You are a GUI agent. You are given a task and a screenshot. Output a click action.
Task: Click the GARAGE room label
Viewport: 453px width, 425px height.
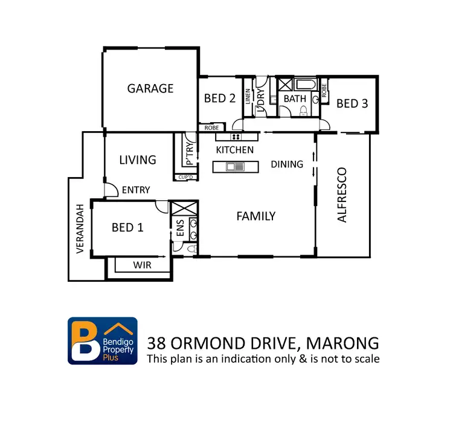coord(150,88)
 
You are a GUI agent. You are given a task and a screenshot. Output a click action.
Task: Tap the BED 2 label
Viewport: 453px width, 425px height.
coord(219,99)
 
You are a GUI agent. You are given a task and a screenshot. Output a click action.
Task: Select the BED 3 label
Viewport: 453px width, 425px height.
coord(352,103)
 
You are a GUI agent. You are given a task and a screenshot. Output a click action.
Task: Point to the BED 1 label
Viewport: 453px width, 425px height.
coord(127,227)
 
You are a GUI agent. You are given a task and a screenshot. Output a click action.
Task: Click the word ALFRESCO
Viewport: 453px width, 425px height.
coord(342,195)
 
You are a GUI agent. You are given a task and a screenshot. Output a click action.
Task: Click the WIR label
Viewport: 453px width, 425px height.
coord(143,265)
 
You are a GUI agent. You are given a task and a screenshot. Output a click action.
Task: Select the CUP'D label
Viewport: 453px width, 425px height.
coord(184,177)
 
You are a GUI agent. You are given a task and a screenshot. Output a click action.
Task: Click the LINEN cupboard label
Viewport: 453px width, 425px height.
coord(248,97)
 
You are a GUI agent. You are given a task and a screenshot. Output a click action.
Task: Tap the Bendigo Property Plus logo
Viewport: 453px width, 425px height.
coord(102,340)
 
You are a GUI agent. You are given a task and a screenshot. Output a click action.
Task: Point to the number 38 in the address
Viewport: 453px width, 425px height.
coord(158,343)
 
